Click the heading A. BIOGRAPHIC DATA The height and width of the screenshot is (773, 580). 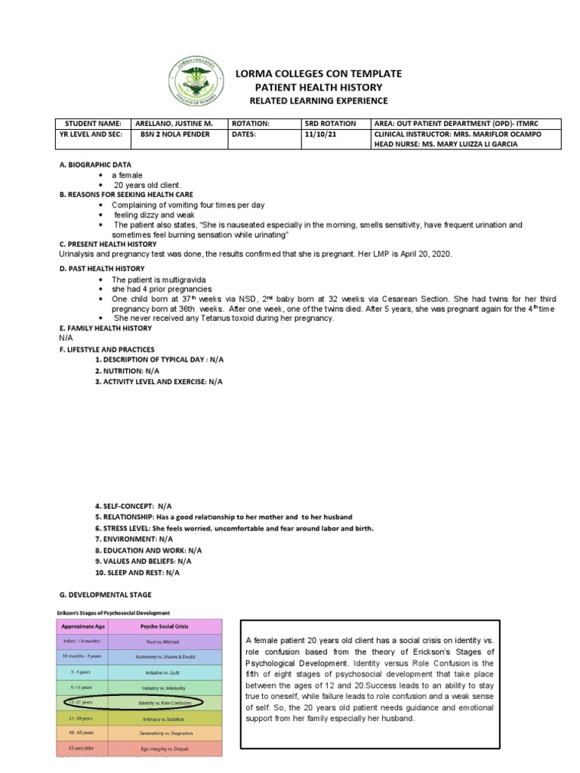pos(95,164)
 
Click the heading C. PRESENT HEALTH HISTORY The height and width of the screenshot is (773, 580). pos(108,245)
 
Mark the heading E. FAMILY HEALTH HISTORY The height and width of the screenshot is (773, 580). pos(106,328)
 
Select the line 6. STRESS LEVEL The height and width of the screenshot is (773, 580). pos(234,528)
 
